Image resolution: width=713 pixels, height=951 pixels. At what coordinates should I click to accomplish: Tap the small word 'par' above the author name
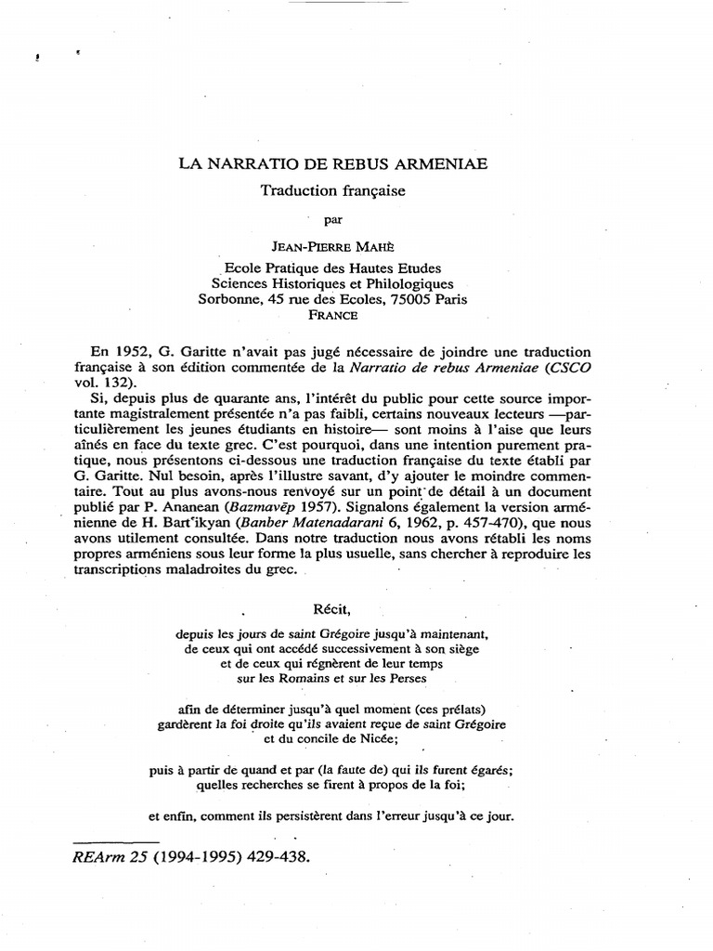332,220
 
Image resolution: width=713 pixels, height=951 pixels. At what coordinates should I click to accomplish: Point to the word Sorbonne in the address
231,299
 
